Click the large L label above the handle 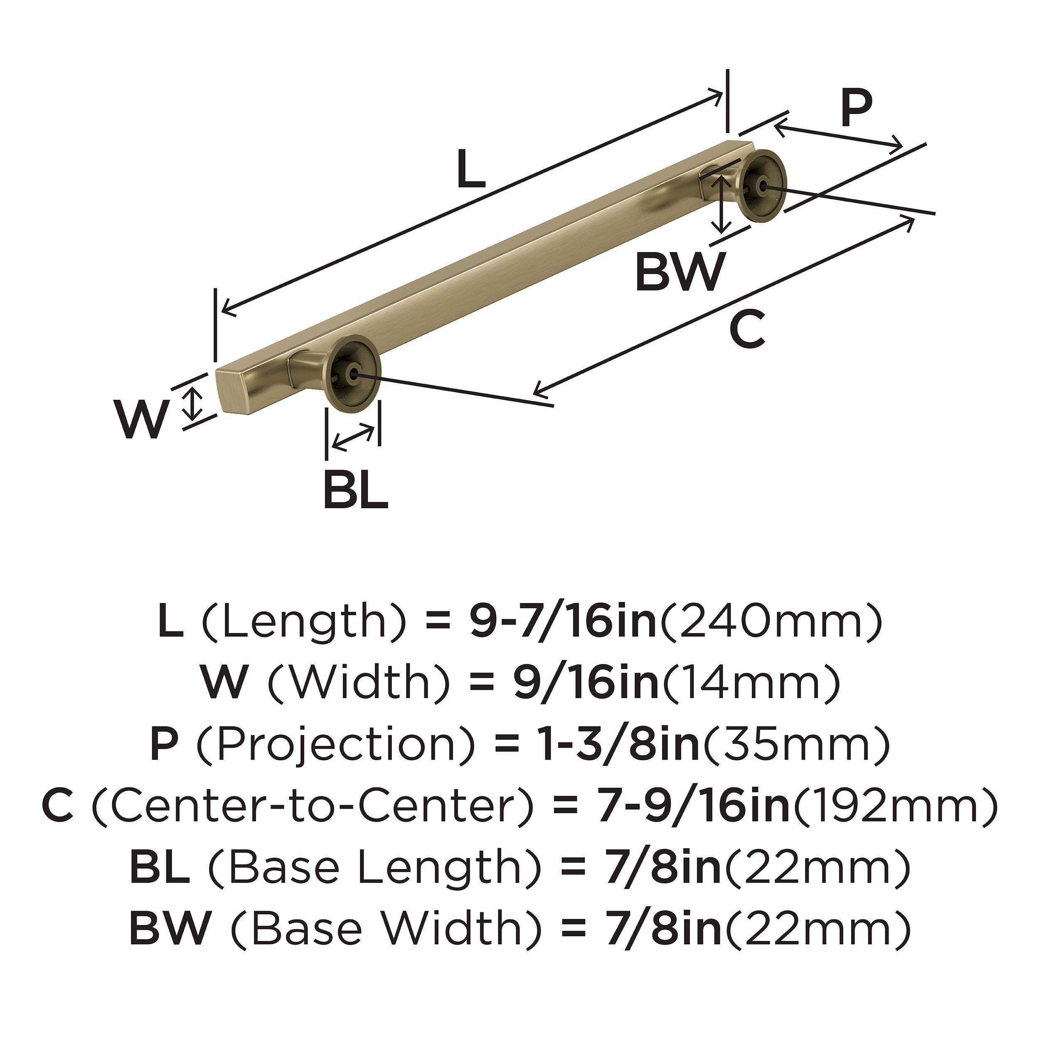coord(471,170)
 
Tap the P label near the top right coord(856,109)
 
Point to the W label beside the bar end coord(141,421)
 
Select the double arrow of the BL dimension coord(353,437)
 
